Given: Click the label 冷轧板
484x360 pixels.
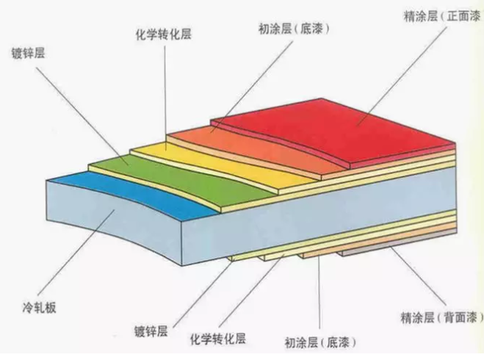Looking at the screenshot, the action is (39, 307).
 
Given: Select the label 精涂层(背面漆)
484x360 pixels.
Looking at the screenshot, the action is (441, 317).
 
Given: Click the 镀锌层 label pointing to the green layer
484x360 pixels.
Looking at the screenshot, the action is (28, 53).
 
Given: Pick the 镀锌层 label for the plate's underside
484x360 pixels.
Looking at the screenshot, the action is (151, 331).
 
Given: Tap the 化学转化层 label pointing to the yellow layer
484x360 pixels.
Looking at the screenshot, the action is (164, 35).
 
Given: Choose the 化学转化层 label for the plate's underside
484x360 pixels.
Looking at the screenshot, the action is (218, 339).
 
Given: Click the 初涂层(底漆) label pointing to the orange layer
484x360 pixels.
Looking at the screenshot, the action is (295, 29).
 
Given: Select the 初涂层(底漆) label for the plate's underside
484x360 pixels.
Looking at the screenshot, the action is (320, 342).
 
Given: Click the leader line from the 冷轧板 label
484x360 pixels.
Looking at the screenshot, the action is (76, 252).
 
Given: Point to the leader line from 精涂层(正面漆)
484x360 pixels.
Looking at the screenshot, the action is (402, 76).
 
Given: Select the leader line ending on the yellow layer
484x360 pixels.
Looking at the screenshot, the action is (165, 98).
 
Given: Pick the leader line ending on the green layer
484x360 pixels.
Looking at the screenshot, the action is (82, 116).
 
